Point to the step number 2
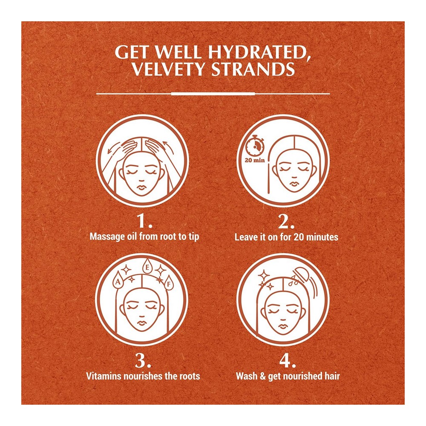pyautogui.click(x=286, y=221)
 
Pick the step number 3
pyautogui.click(x=143, y=360)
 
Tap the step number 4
pyautogui.click(x=288, y=360)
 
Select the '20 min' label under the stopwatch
pyautogui.click(x=255, y=160)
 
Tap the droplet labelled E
pyautogui.click(x=147, y=267)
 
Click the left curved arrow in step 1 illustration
pyautogui.click(x=114, y=148)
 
